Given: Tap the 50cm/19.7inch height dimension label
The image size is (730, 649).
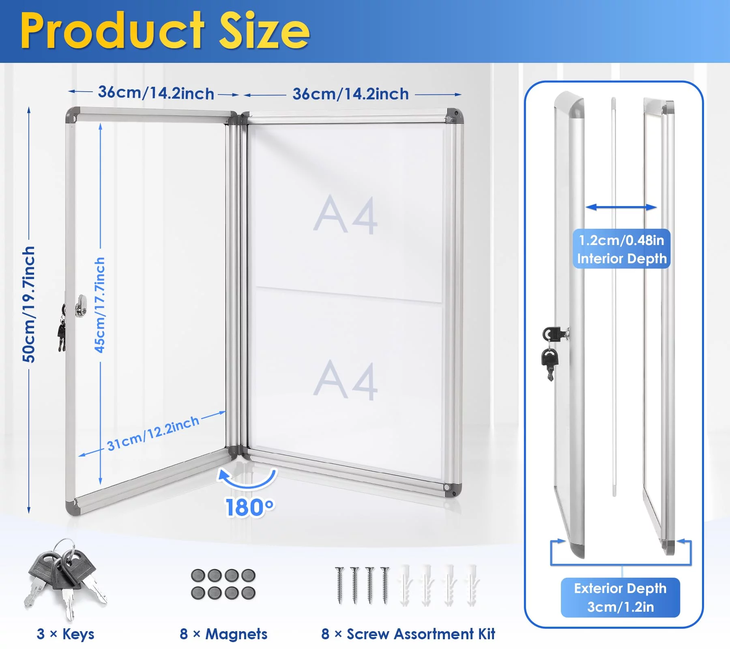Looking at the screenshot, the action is tap(29, 304).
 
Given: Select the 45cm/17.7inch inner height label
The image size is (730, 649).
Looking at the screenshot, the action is tap(100, 305).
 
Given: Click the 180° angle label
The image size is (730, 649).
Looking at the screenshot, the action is tap(250, 507).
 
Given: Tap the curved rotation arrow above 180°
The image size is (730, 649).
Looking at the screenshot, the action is tap(247, 481).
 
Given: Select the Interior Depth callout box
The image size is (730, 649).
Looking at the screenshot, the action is tap(621, 249).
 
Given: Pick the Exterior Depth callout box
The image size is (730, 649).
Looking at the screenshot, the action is tap(620, 597).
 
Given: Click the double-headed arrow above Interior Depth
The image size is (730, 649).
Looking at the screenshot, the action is tap(621, 207).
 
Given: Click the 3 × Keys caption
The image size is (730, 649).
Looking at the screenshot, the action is tap(65, 634).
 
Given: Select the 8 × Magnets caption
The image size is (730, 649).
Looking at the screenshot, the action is tap(223, 634).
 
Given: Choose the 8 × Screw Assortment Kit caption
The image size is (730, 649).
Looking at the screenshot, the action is tap(408, 634).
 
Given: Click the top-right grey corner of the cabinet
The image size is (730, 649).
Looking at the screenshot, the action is tap(455, 116).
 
